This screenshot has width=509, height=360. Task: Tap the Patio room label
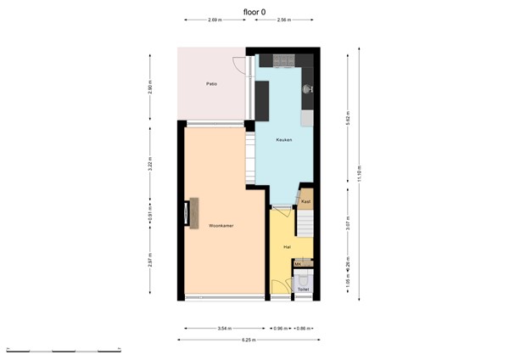pos(211,84)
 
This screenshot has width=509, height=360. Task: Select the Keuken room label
pos(284,139)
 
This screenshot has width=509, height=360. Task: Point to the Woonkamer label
pos(221,226)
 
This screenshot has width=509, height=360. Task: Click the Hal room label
pos(288,246)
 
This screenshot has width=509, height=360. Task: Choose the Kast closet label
pos(306,201)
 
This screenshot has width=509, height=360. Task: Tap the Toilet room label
pos(303,290)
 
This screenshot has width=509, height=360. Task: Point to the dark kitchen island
pos(262,100)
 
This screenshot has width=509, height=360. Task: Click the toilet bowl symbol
pos(304,279)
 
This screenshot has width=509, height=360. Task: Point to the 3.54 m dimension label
pos(221,328)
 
